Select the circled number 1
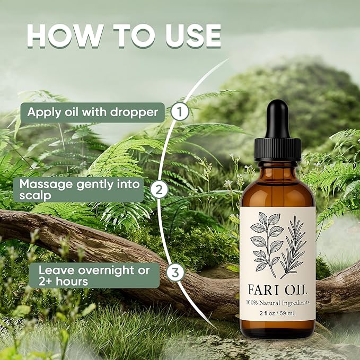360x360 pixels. (x=180, y=112)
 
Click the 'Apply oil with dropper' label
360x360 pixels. (x=92, y=112)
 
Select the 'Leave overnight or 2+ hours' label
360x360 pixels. (x=94, y=275)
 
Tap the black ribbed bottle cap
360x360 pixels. (x=277, y=151)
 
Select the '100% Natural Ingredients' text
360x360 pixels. (x=277, y=303)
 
